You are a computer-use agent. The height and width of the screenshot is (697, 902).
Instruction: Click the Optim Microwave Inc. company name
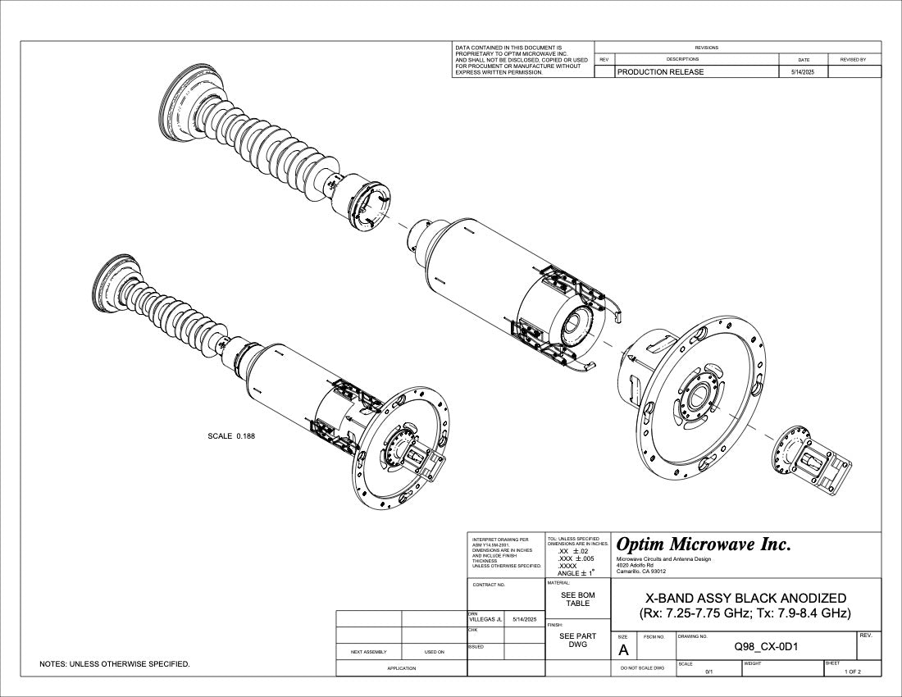(x=704, y=544)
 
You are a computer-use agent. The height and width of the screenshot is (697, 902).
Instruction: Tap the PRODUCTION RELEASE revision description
(x=660, y=72)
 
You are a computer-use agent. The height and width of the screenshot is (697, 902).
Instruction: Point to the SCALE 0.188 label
(x=231, y=435)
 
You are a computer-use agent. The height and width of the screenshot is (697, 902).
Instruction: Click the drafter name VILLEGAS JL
(x=485, y=619)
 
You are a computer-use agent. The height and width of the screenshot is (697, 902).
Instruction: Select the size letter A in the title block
(x=623, y=650)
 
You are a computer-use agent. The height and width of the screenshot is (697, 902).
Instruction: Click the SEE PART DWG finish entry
(x=577, y=640)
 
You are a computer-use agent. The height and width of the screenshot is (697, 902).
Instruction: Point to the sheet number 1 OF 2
(x=853, y=672)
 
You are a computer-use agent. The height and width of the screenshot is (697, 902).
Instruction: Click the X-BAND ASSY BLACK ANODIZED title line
(x=745, y=598)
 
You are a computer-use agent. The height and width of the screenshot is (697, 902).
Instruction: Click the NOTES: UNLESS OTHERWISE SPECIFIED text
(x=115, y=663)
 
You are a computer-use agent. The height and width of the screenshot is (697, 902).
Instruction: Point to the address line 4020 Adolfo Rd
(x=635, y=566)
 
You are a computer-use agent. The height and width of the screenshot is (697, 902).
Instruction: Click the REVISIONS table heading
(x=706, y=48)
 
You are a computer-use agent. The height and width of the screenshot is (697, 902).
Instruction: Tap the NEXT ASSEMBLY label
(x=368, y=652)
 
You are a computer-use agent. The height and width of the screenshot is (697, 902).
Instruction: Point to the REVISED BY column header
(x=853, y=60)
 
